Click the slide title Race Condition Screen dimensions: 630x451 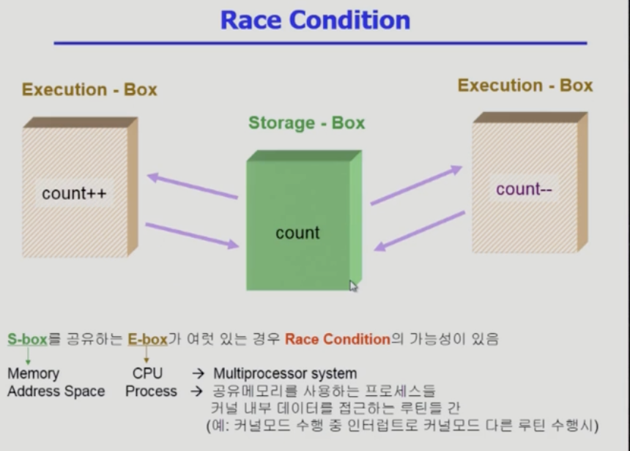(x=315, y=20)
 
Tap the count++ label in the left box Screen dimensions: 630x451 (x=75, y=193)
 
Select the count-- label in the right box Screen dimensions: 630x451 (x=524, y=190)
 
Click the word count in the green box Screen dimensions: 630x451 (x=297, y=233)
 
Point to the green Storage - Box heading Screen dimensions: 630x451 (x=306, y=123)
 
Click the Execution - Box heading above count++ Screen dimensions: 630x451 (x=89, y=89)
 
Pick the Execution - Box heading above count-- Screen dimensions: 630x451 (x=525, y=86)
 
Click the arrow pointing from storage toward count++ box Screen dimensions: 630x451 (x=192, y=186)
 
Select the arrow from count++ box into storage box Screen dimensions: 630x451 (x=192, y=236)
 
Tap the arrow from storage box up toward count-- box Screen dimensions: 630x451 (x=416, y=185)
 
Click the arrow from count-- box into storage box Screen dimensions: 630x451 (x=420, y=231)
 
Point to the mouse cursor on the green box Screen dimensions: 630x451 (x=353, y=286)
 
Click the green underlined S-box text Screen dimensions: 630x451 (x=27, y=339)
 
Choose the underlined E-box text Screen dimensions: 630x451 (x=148, y=339)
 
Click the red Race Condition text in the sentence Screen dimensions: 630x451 (x=338, y=339)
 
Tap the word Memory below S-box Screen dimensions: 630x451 (x=33, y=374)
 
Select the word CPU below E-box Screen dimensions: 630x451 (x=147, y=374)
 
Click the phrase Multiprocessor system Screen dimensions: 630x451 (x=285, y=374)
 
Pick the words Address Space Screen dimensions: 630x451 (x=56, y=392)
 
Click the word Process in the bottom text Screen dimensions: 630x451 (x=151, y=392)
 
